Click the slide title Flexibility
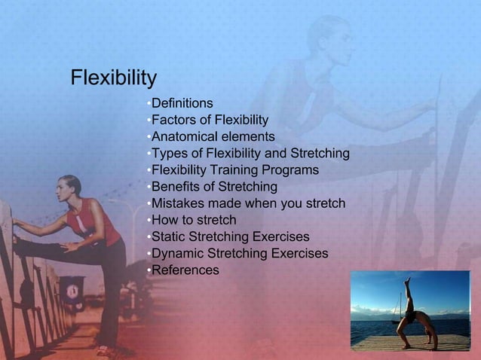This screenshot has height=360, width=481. [x=113, y=78]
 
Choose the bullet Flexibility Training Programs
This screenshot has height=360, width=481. [x=234, y=170]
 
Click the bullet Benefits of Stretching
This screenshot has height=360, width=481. [x=214, y=187]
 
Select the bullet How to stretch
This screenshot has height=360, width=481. [x=194, y=220]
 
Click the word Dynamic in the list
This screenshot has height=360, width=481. [x=178, y=253]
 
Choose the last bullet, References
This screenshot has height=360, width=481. [x=185, y=270]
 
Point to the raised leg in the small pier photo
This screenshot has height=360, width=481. [x=408, y=290]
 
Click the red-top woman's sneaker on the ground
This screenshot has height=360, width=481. [x=106, y=349]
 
